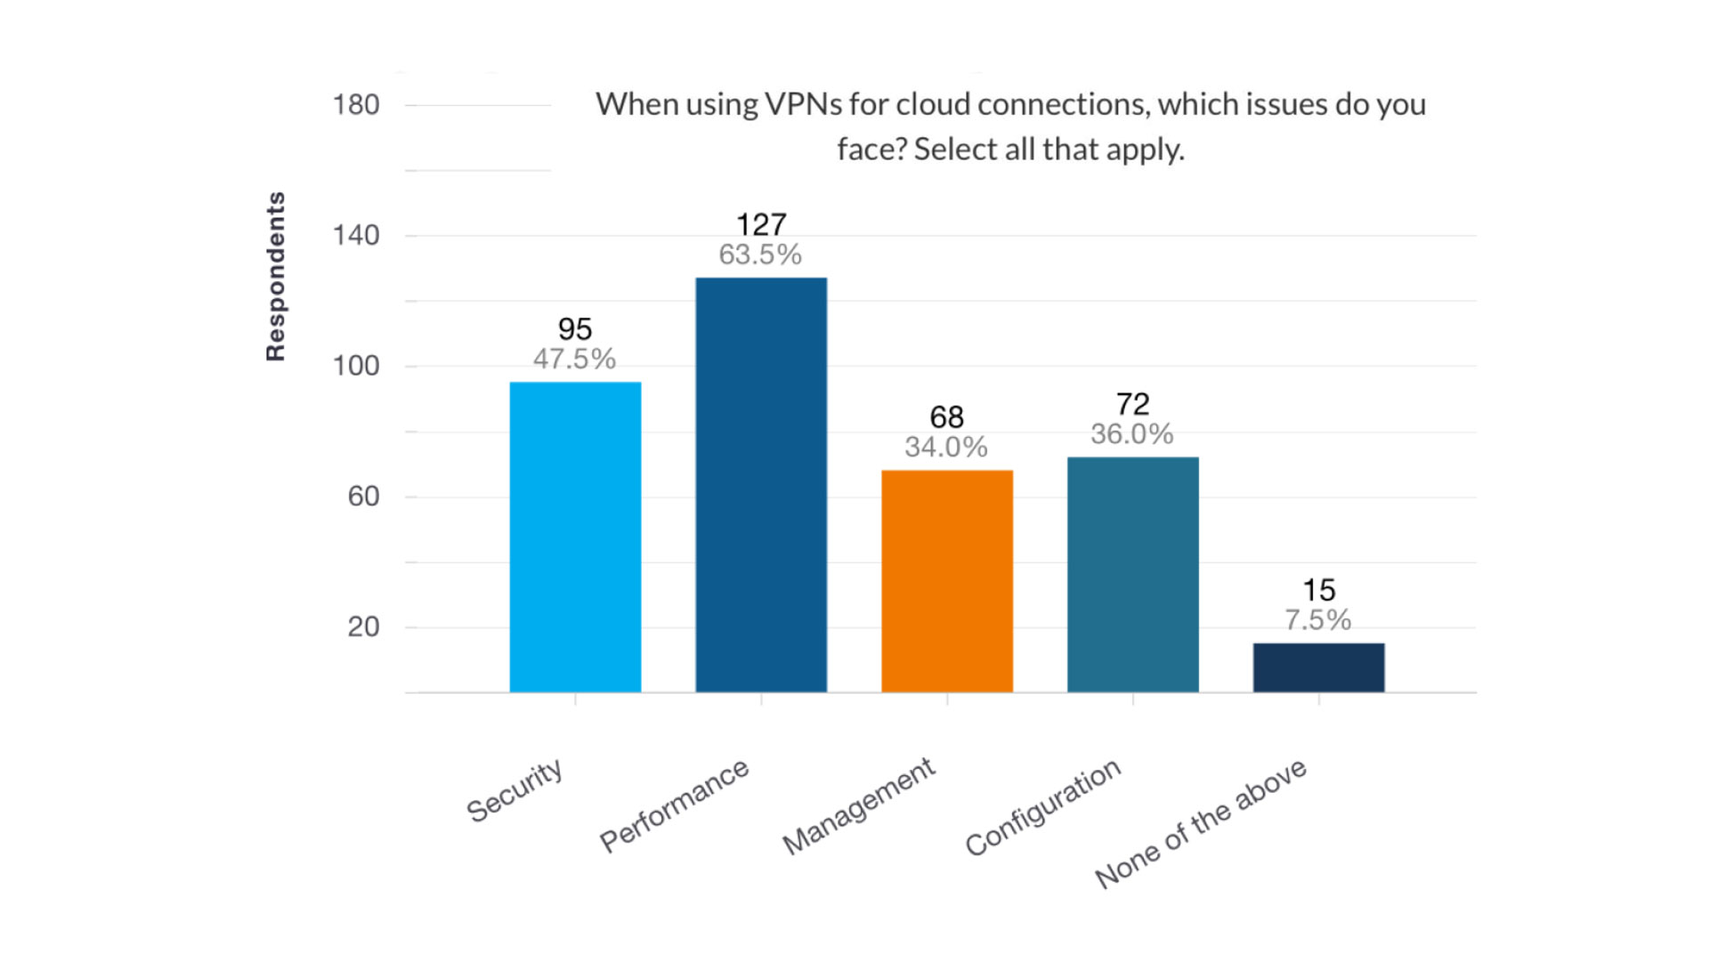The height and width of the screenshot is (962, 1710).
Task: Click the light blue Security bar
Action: tap(575, 537)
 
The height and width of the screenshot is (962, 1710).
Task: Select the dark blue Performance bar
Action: tap(761, 485)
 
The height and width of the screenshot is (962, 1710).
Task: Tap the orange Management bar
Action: tap(947, 581)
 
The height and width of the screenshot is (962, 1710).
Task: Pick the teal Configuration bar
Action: tap(1133, 574)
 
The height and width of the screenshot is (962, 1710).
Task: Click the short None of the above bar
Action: tap(1318, 667)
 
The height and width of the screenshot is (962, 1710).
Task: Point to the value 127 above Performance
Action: tap(761, 224)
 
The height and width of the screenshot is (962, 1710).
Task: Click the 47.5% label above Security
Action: tap(574, 359)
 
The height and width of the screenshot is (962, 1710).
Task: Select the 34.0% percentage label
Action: tap(946, 447)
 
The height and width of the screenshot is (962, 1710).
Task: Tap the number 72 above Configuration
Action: tap(1133, 404)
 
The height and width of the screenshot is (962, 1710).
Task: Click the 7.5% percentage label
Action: tap(1317, 619)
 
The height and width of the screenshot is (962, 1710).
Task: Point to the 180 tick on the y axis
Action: tap(356, 105)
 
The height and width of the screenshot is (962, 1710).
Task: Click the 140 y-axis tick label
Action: tap(356, 236)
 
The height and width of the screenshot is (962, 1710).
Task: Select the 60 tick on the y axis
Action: tap(363, 497)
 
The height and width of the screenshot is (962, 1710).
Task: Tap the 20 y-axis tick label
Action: tap(363, 627)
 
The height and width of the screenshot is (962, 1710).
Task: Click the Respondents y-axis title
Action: tap(276, 277)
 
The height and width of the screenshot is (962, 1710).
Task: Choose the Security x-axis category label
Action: tap(515, 789)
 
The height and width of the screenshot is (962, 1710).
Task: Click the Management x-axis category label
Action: tap(859, 806)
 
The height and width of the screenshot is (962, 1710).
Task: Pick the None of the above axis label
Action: tap(1201, 823)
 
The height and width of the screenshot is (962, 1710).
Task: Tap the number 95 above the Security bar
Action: tap(575, 329)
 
